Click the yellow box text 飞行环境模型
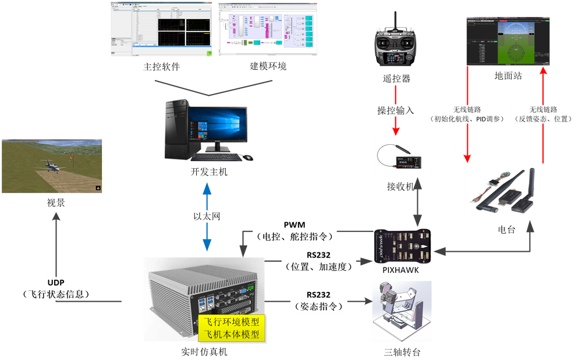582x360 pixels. click(x=232, y=322)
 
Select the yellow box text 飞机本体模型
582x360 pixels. click(x=232, y=334)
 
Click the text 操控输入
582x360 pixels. click(x=395, y=110)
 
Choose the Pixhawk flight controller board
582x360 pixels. click(x=404, y=248)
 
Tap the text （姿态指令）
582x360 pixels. click(x=320, y=306)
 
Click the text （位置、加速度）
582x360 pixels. click(x=320, y=267)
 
